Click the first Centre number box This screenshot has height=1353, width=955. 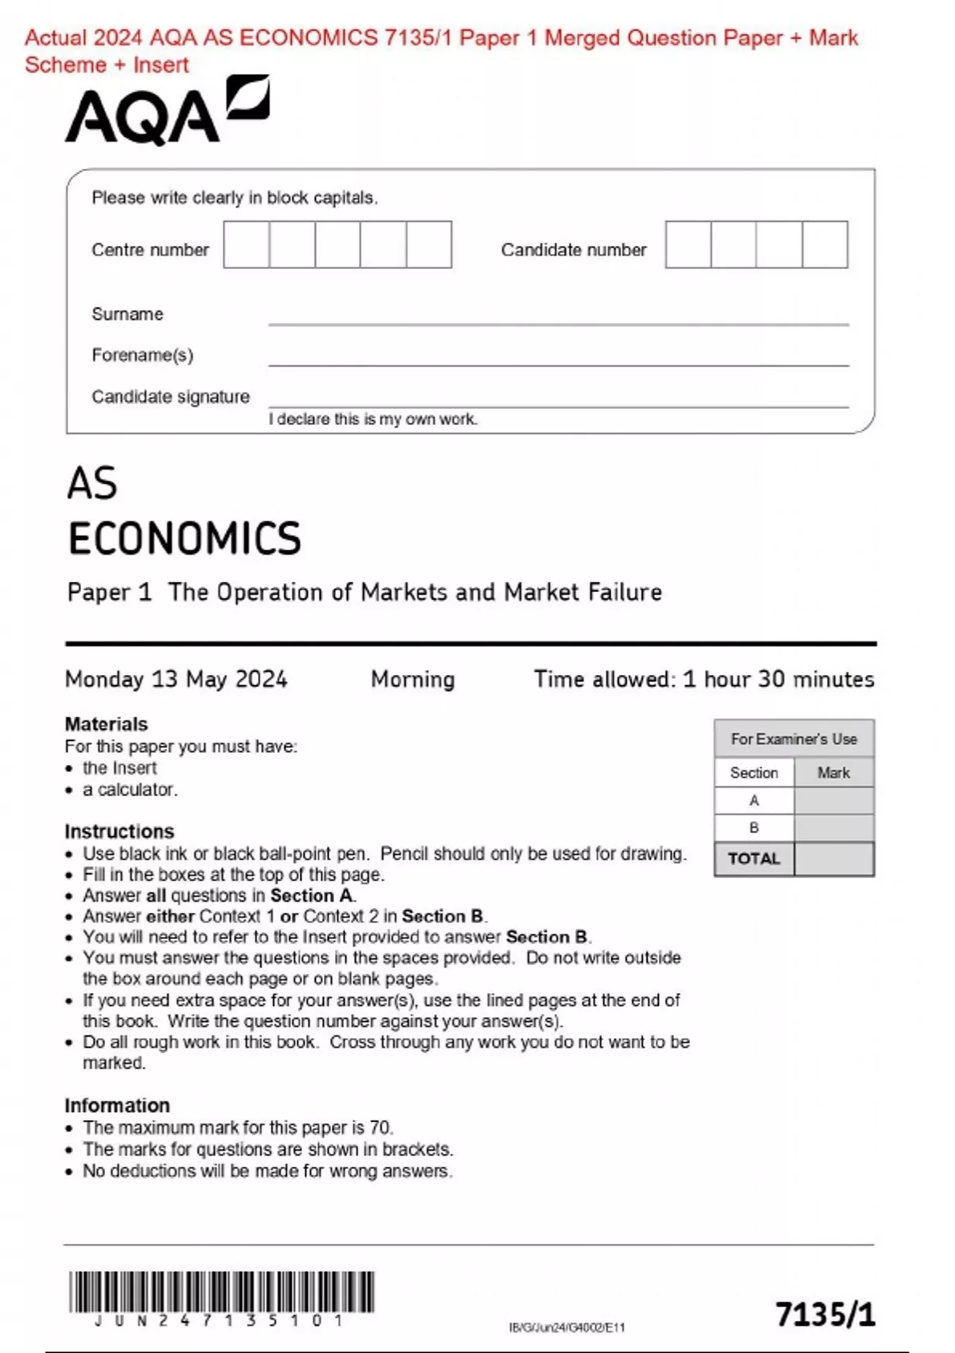246,244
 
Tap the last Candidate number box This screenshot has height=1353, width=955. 824,244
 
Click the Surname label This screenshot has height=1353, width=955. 127,314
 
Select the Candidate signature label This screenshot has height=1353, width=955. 170,396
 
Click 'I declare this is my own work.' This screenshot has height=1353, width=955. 372,419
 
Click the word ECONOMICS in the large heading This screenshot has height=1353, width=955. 185,539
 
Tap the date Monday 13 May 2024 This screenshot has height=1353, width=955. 176,679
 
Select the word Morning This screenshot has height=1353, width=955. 412,679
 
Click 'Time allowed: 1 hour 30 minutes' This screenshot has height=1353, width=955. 704,679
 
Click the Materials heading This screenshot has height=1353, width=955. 106,724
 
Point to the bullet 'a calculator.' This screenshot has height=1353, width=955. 130,790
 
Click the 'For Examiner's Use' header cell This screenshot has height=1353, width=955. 793,739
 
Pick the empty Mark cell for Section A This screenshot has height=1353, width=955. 833,801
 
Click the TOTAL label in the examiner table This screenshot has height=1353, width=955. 754,859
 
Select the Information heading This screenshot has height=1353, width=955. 117,1105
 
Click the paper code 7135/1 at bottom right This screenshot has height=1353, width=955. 824,1315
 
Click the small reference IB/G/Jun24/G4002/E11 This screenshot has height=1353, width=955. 567,1328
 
